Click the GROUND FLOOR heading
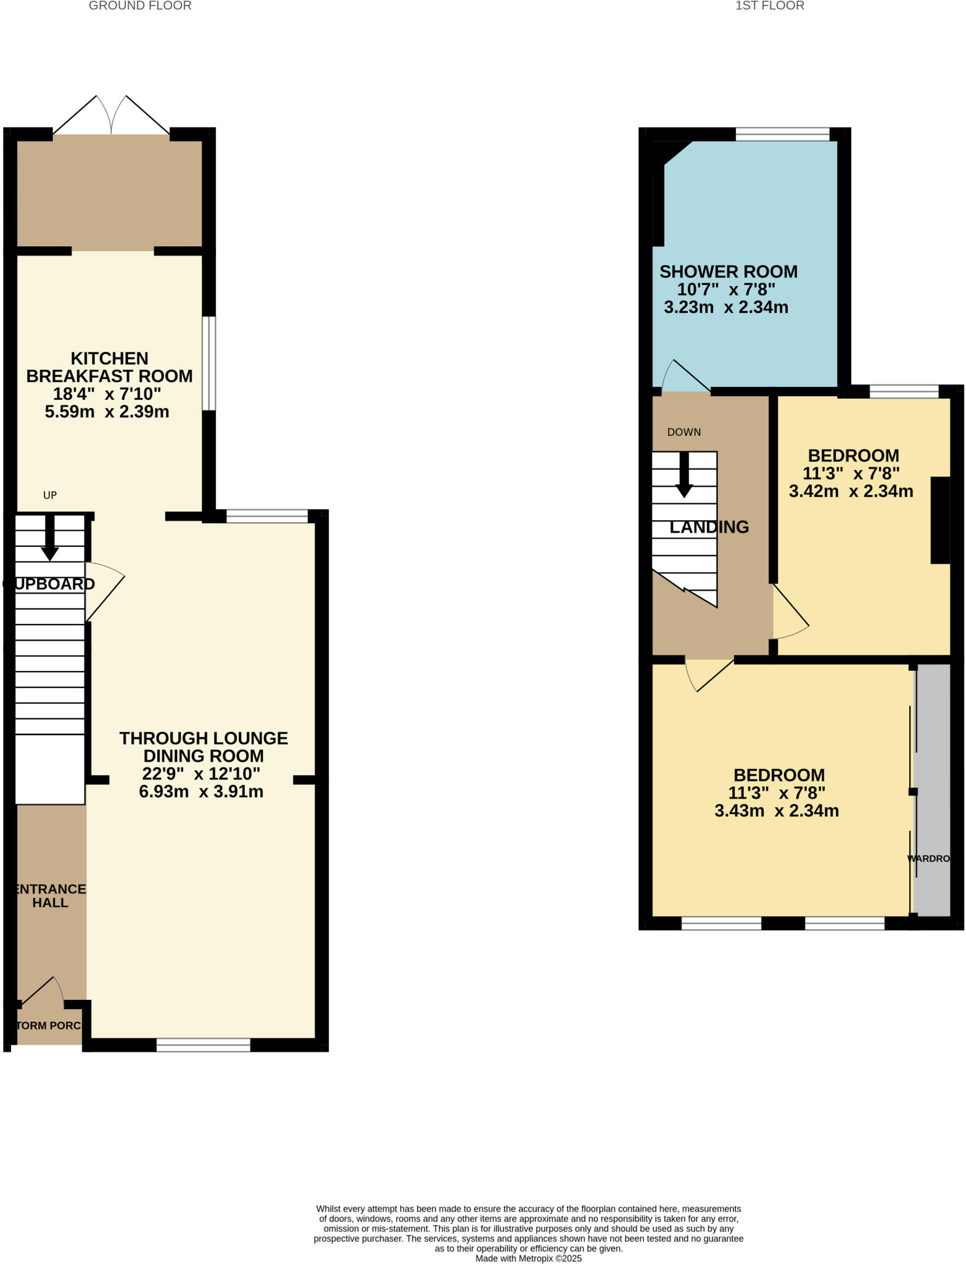(140, 6)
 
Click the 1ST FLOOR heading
(769, 6)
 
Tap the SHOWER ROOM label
(729, 272)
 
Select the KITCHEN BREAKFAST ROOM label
(109, 367)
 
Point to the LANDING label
(709, 527)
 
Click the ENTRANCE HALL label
(51, 896)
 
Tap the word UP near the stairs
(50, 495)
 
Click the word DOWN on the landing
(684, 432)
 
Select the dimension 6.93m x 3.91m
(201, 791)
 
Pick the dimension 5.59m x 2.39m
(107, 412)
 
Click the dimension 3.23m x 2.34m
(726, 307)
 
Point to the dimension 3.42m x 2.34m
(851, 491)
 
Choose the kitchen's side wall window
(209, 364)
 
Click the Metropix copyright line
(528, 1258)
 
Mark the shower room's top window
(782, 135)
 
